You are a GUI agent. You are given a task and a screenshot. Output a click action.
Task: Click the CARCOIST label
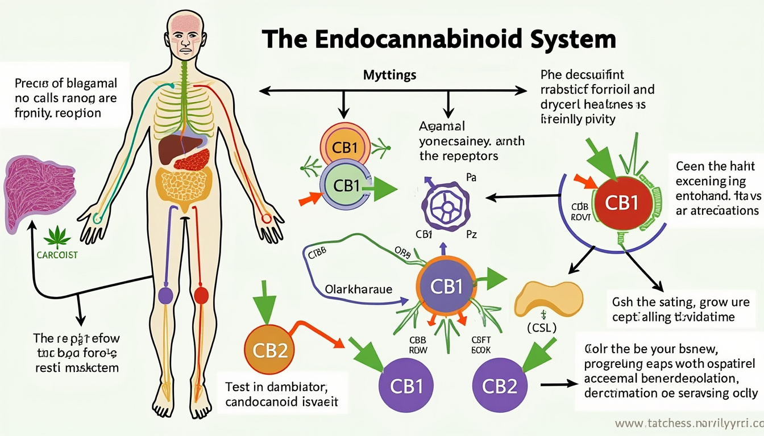click(x=56, y=255)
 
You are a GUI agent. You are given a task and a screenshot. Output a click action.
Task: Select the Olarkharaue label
click(x=359, y=289)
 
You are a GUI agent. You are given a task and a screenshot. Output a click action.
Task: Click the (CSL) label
click(x=542, y=328)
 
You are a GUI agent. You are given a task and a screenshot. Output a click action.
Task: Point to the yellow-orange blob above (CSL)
click(x=549, y=299)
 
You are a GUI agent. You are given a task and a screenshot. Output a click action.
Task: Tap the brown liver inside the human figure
click(x=174, y=150)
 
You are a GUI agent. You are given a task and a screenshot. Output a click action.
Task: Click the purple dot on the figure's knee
click(x=165, y=295)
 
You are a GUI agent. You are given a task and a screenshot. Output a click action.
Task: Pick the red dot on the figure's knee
click(x=201, y=295)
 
